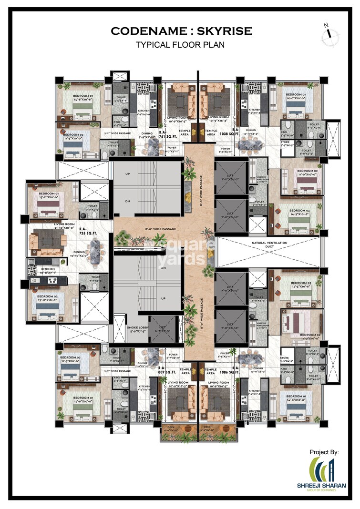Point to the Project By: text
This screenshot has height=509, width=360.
[324, 452]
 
